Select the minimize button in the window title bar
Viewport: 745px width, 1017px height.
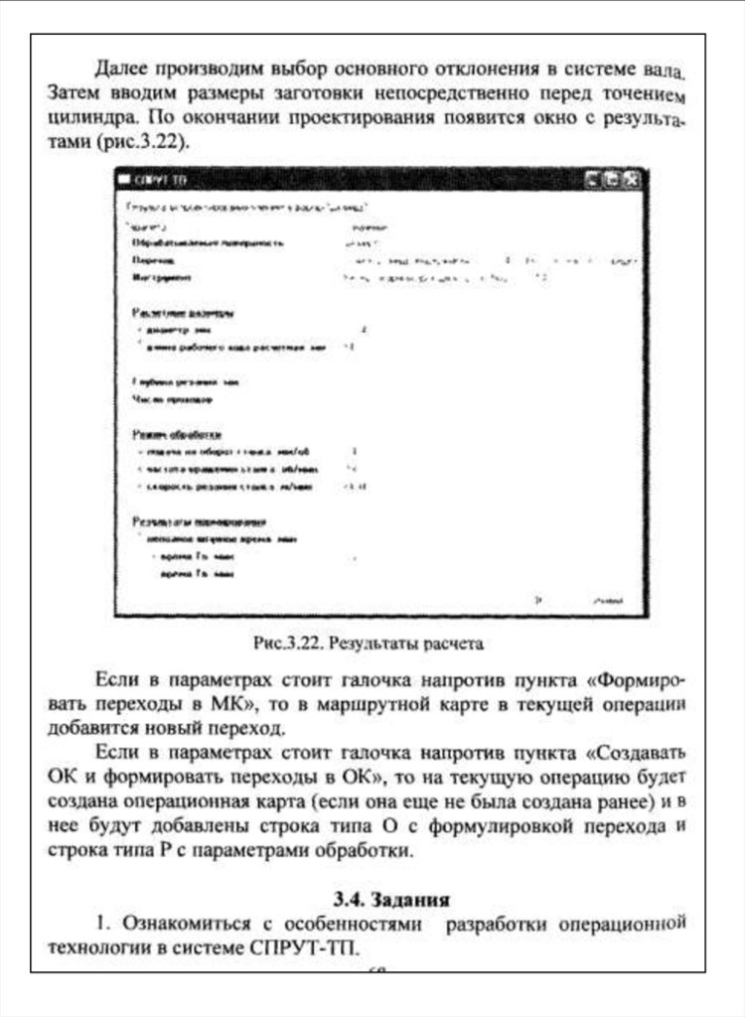pos(592,180)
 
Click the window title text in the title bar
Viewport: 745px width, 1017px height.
pos(159,181)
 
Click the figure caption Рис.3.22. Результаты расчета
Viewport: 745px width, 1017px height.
pos(368,643)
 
